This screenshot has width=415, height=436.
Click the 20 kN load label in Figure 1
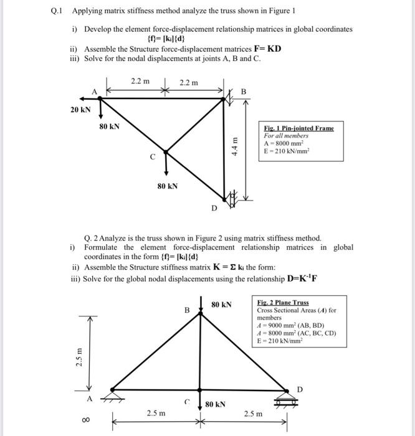click(x=80, y=110)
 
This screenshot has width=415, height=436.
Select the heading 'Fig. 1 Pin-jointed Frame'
click(x=298, y=128)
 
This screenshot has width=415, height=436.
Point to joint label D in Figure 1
click(x=214, y=208)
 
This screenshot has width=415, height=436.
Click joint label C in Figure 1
click(x=152, y=158)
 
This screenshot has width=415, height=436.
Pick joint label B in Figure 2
click(x=185, y=310)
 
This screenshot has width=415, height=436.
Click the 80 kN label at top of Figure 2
click(x=221, y=305)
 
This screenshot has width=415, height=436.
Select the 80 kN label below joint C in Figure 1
click(x=166, y=185)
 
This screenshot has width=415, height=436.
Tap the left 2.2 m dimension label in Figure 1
click(x=140, y=81)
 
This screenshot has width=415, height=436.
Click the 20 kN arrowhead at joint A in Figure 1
click(x=79, y=98)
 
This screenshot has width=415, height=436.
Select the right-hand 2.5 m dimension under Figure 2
click(x=253, y=412)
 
